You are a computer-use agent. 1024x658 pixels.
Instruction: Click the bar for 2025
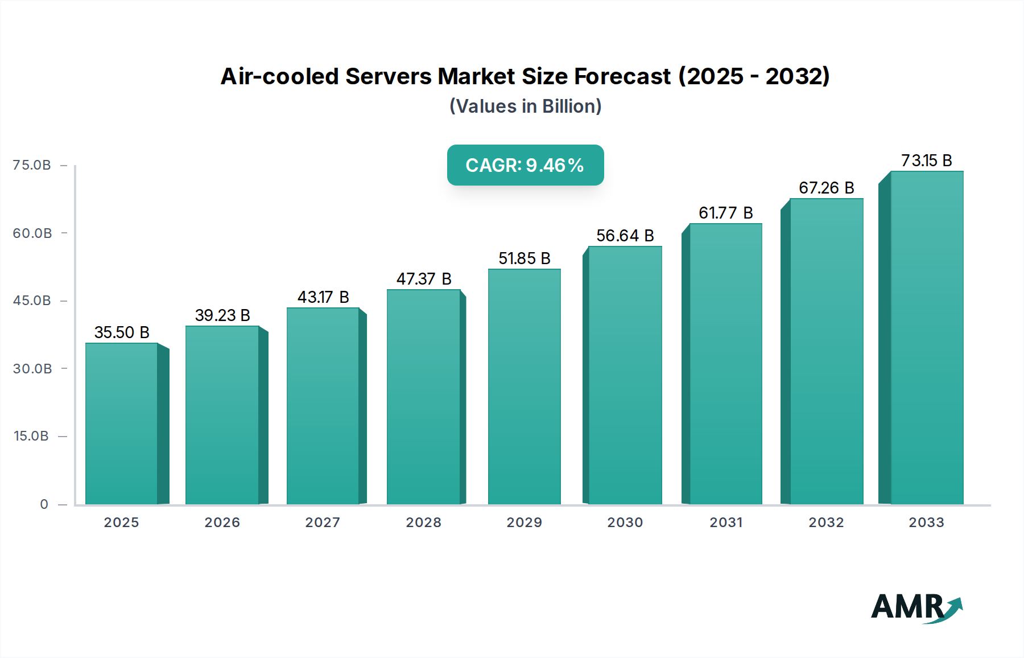coord(122,423)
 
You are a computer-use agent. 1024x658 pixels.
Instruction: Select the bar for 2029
coord(524,386)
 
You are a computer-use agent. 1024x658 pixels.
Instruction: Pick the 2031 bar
coord(725,364)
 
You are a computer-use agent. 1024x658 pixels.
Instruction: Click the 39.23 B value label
coord(222,315)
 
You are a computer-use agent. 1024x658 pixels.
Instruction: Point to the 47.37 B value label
coord(424,279)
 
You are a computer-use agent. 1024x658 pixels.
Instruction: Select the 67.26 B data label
coord(826,188)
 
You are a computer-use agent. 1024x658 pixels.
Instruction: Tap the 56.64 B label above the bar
coord(625,236)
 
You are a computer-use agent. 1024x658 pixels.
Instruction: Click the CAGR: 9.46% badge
coord(525,165)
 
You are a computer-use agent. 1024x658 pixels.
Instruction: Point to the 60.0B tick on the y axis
coord(32,233)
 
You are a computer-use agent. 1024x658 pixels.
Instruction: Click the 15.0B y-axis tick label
coord(31,436)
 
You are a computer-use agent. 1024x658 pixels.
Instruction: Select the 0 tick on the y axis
coord(44,504)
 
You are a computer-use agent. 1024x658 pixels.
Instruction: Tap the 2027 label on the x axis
coord(323,523)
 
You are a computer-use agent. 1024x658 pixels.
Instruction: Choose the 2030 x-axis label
coord(625,523)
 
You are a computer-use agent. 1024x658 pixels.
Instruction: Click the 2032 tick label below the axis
coord(826,523)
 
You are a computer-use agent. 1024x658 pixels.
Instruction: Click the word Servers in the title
coord(388,76)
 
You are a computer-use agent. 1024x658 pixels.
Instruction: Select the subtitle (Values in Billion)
coord(525,106)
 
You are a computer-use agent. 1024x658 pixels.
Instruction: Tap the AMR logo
coord(916,607)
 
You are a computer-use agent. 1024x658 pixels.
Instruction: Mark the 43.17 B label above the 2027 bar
coord(323,297)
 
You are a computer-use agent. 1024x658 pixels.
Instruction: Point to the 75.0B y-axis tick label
coord(32,165)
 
